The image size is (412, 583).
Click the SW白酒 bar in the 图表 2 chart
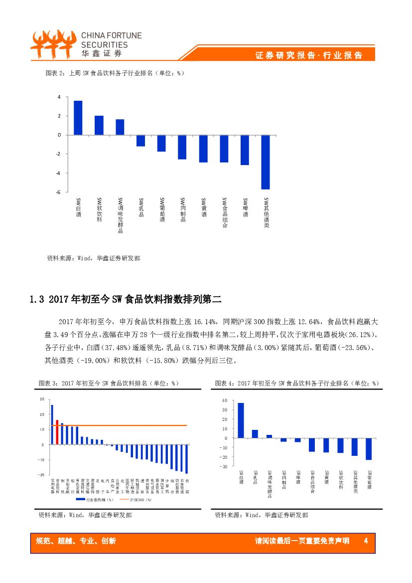[78, 118]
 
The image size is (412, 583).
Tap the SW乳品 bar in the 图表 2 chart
[140, 140]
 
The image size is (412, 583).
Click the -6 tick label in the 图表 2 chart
[58, 192]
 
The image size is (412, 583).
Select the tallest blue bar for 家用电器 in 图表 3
[52, 424]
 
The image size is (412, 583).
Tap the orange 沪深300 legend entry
[131, 499]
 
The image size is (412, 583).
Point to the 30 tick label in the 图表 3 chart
[42, 399]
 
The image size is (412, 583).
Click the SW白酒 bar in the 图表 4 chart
[241, 420]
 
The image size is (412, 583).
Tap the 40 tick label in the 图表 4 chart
[224, 400]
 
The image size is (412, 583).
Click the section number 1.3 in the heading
[38, 300]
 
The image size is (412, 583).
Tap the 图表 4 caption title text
[297, 383]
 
